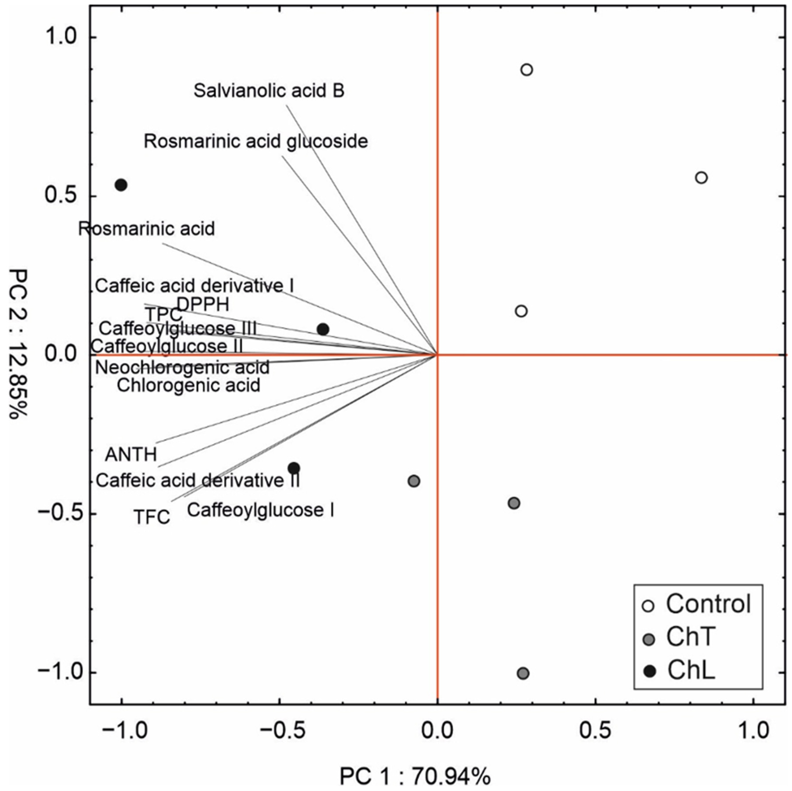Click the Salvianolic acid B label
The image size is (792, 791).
click(269, 91)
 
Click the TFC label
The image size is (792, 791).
click(152, 517)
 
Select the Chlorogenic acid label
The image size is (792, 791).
click(189, 385)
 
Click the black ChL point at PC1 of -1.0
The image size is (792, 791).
click(121, 185)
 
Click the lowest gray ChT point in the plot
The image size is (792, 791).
click(523, 673)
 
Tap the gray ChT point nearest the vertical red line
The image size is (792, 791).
click(414, 481)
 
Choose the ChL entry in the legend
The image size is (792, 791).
click(691, 671)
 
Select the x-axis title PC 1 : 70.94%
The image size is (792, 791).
click(415, 776)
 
